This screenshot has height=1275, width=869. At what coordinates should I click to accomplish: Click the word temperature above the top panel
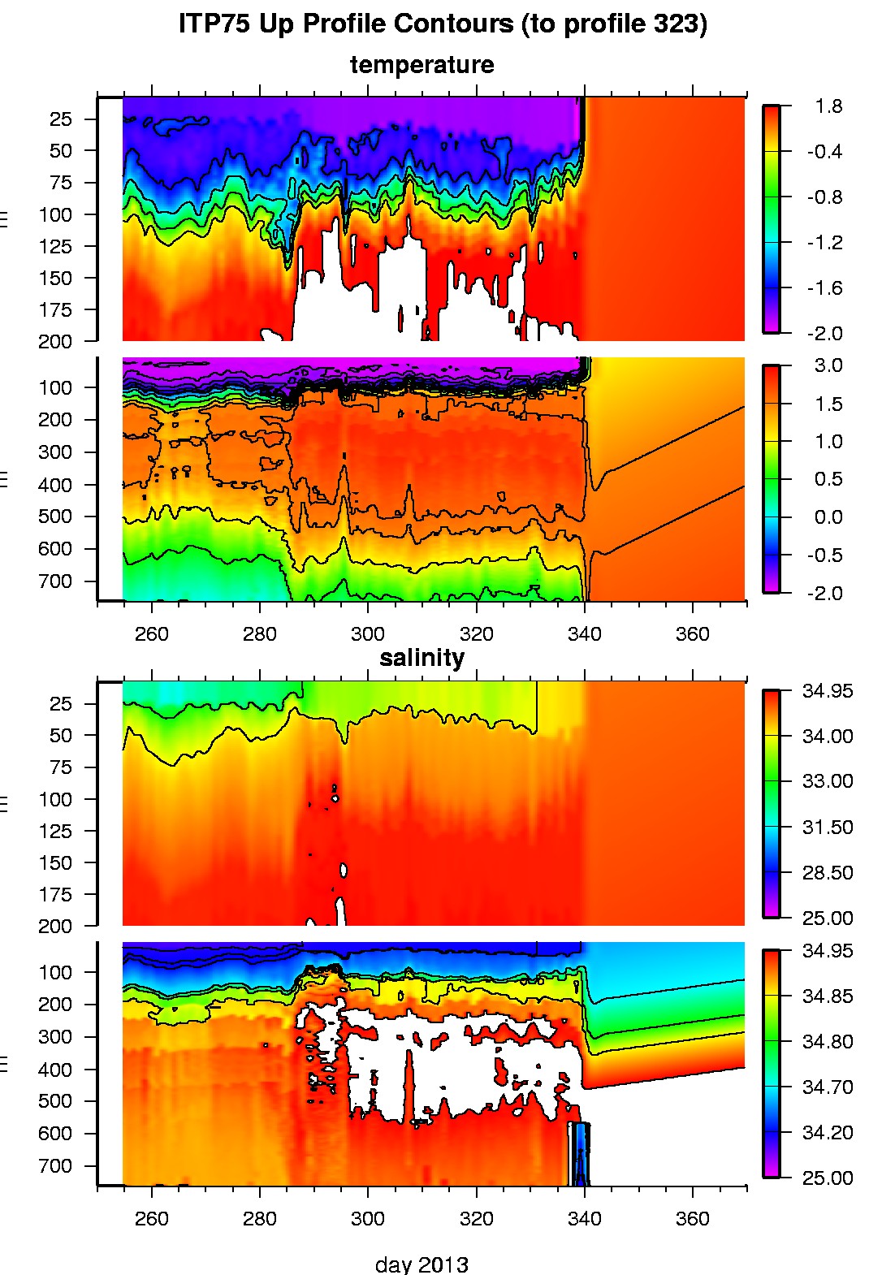pyautogui.click(x=422, y=65)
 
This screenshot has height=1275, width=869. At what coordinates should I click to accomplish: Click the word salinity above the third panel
pyautogui.click(x=422, y=658)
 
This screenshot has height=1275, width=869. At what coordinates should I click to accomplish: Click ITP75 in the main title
pyautogui.click(x=214, y=24)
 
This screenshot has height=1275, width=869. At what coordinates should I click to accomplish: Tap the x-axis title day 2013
pyautogui.click(x=422, y=1264)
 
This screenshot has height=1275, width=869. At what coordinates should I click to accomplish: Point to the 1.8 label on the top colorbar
pyautogui.click(x=829, y=106)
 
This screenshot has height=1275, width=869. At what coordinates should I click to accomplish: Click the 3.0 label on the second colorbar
pyautogui.click(x=828, y=365)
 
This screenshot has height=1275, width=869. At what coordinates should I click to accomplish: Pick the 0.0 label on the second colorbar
pyautogui.click(x=828, y=517)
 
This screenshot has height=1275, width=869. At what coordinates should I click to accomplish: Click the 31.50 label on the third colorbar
pyautogui.click(x=828, y=827)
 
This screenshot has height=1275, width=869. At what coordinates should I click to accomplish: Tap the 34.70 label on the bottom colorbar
pyautogui.click(x=828, y=1087)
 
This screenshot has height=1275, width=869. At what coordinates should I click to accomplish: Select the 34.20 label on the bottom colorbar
pyautogui.click(x=828, y=1132)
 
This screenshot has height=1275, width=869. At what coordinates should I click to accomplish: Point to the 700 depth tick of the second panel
pyautogui.click(x=55, y=581)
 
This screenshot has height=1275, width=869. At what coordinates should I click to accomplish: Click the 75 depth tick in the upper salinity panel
pyautogui.click(x=61, y=767)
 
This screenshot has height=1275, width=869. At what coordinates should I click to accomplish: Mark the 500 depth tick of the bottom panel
pyautogui.click(x=55, y=1101)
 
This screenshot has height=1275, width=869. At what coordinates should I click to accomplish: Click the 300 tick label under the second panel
pyautogui.click(x=368, y=634)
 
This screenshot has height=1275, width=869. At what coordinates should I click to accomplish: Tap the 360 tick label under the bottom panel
pyautogui.click(x=692, y=1219)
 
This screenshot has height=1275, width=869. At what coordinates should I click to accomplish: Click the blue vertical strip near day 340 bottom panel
pyautogui.click(x=580, y=1153)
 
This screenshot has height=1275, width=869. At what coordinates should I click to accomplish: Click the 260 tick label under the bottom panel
pyautogui.click(x=151, y=1219)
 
